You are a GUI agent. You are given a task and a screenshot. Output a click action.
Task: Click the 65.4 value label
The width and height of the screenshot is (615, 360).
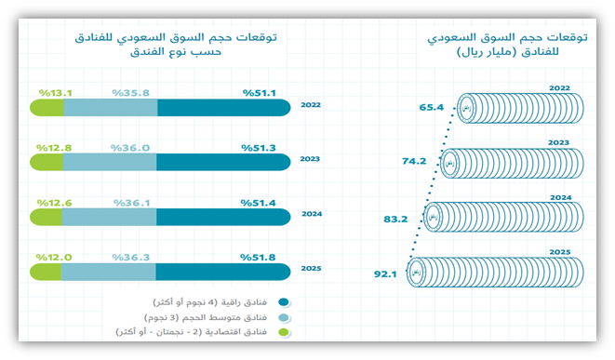[432, 107]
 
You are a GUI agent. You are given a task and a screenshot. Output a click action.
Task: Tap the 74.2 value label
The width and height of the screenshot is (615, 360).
[414, 161]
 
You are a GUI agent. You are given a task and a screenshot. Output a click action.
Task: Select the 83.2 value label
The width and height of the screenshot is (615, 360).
[396, 219]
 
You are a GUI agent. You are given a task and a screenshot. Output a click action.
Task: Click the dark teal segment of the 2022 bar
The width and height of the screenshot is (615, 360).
[224, 109]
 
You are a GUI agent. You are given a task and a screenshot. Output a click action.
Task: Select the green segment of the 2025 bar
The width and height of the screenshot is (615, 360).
[45, 272]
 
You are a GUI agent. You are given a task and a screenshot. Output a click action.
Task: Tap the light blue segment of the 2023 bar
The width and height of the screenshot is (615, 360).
[110, 163]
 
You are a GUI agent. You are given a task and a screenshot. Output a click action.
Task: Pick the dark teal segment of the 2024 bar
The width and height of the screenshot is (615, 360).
[224, 217]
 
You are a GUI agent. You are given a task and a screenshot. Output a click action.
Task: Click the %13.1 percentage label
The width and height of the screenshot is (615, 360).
[55, 93]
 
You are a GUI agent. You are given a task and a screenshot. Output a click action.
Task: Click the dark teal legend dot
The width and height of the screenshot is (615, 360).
[284, 302]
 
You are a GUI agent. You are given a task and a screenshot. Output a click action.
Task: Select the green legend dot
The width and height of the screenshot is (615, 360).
[284, 331]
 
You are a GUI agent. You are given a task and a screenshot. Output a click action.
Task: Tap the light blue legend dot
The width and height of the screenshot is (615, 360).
[284, 317]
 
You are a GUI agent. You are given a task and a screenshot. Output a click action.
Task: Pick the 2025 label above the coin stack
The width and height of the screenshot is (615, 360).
[559, 252]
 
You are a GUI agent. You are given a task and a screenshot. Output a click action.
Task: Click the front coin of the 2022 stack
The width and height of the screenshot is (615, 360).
[467, 108]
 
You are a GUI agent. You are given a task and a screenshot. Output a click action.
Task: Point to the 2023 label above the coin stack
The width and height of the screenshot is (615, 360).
[559, 142]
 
